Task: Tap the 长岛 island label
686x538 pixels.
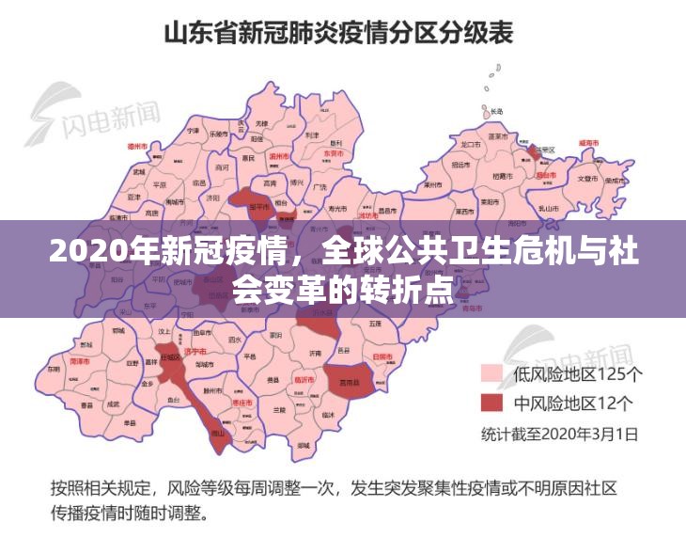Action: point(495,111)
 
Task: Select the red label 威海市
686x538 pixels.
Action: point(589,142)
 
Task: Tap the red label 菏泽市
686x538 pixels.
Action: point(80,361)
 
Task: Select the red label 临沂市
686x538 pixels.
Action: point(304,380)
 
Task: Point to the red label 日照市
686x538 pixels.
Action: point(382,357)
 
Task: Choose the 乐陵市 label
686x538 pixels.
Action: point(219,134)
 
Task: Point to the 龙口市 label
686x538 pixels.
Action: point(471,144)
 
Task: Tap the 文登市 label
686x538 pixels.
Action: point(588,178)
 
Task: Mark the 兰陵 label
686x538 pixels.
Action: point(278,410)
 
